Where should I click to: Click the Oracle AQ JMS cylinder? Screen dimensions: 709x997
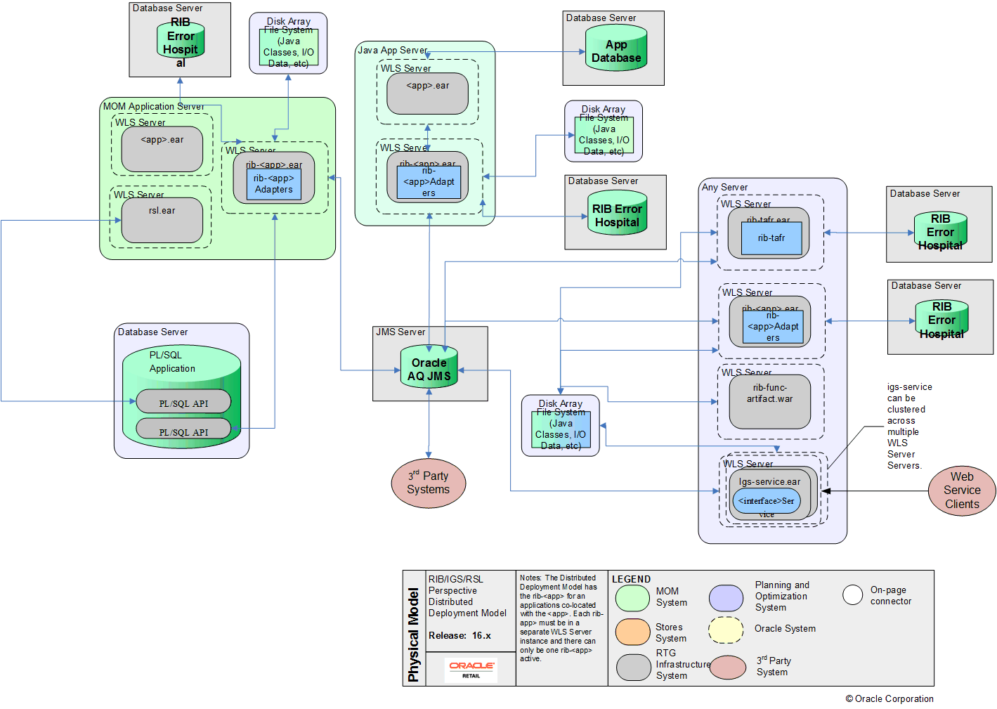[429, 369]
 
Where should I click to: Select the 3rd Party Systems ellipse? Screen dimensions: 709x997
[429, 483]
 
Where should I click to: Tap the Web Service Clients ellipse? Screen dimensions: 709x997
[961, 490]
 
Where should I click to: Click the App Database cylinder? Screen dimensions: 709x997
[616, 51]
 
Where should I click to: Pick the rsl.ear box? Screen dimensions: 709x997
[162, 219]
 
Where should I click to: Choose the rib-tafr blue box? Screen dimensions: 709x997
[771, 238]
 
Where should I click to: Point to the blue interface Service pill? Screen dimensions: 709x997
[766, 501]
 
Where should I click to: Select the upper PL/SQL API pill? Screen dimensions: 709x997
[183, 403]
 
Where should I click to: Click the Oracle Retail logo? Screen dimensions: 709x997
[471, 669]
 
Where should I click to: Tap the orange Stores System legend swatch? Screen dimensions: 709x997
[632, 632]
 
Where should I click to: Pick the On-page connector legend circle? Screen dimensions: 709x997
[852, 594]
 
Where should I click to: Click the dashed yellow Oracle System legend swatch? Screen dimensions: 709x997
[726, 630]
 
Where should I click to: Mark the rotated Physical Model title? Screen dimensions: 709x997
[414, 635]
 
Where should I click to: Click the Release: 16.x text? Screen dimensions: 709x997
[460, 635]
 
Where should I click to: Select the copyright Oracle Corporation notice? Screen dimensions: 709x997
[890, 698]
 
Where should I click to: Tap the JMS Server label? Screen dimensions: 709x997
[400, 332]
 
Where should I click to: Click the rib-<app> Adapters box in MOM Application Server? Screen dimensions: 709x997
[274, 184]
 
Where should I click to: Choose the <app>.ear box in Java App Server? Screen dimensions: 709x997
[427, 93]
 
